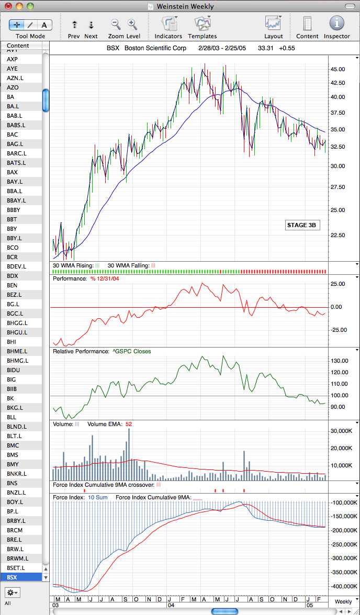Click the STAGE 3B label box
[301, 226]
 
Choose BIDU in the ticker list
[13, 370]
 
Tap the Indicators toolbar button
[168, 27]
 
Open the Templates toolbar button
[203, 27]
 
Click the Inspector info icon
[336, 23]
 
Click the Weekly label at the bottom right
[343, 602]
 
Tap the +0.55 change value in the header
[287, 48]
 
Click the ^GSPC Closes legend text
[131, 351]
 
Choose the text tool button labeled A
[44, 25]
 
